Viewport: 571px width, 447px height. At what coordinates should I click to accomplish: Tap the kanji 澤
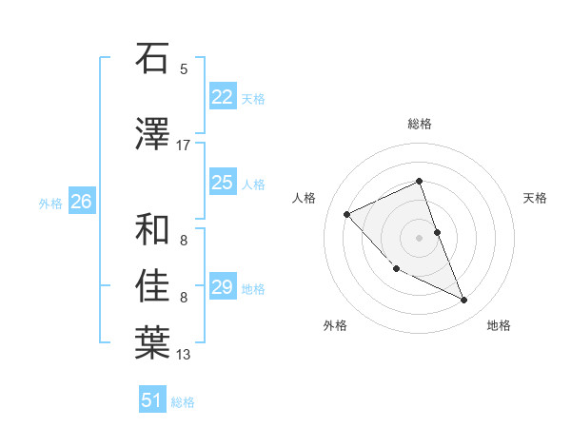click(152, 135)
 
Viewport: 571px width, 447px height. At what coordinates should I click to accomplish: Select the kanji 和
click(152, 229)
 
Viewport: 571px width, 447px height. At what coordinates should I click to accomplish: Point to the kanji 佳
click(152, 285)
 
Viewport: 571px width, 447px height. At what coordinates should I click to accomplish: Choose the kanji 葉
click(152, 342)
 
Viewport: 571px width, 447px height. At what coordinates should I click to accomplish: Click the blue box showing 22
click(222, 97)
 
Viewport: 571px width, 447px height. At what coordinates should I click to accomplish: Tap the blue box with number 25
click(222, 183)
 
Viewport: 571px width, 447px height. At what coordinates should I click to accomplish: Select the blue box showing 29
click(222, 287)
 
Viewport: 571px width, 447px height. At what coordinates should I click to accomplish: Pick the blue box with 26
click(81, 202)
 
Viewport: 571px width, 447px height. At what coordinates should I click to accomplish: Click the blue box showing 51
click(152, 400)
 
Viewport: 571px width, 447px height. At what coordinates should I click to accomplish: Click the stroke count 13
click(184, 355)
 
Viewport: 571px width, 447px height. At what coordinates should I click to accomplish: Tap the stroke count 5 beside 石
click(184, 68)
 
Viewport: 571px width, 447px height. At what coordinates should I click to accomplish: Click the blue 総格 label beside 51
click(183, 402)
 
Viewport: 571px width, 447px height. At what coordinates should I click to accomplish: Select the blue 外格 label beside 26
click(50, 203)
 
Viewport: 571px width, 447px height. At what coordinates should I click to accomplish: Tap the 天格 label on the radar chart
click(535, 198)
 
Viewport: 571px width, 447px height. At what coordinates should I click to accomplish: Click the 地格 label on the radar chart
click(499, 325)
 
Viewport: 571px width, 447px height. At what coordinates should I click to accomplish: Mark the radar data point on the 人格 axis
click(347, 214)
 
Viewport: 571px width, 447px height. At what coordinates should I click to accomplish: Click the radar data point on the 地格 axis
click(463, 301)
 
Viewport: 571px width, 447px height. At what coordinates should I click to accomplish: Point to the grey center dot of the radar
click(419, 237)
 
